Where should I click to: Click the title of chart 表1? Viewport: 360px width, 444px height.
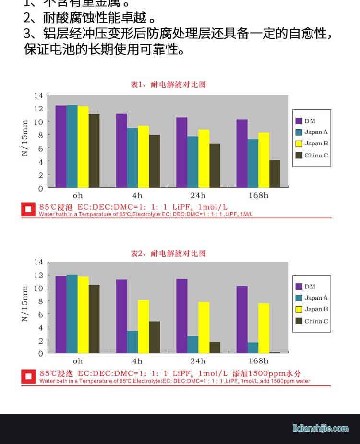tap(168, 84)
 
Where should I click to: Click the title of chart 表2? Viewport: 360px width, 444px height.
tap(168, 253)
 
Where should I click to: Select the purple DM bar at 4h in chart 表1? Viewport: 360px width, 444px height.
tap(121, 150)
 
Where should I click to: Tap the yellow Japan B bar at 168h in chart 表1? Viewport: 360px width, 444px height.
tap(264, 160)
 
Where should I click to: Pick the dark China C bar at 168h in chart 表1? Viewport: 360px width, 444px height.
tap(275, 173)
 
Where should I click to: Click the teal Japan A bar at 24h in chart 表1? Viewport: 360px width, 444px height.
tap(192, 162)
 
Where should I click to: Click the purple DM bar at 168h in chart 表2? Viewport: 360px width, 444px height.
tap(241, 319)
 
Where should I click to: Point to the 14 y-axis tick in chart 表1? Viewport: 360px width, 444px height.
tap(38, 96)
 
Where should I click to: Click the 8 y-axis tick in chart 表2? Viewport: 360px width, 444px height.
tap(40, 301)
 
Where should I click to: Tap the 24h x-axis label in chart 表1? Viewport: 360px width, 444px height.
tap(197, 195)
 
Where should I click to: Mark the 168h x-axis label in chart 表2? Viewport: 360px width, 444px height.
tap(258, 361)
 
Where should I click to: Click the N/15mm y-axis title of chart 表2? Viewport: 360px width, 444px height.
tap(25, 303)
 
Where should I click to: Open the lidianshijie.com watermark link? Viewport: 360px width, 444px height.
tap(320, 428)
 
